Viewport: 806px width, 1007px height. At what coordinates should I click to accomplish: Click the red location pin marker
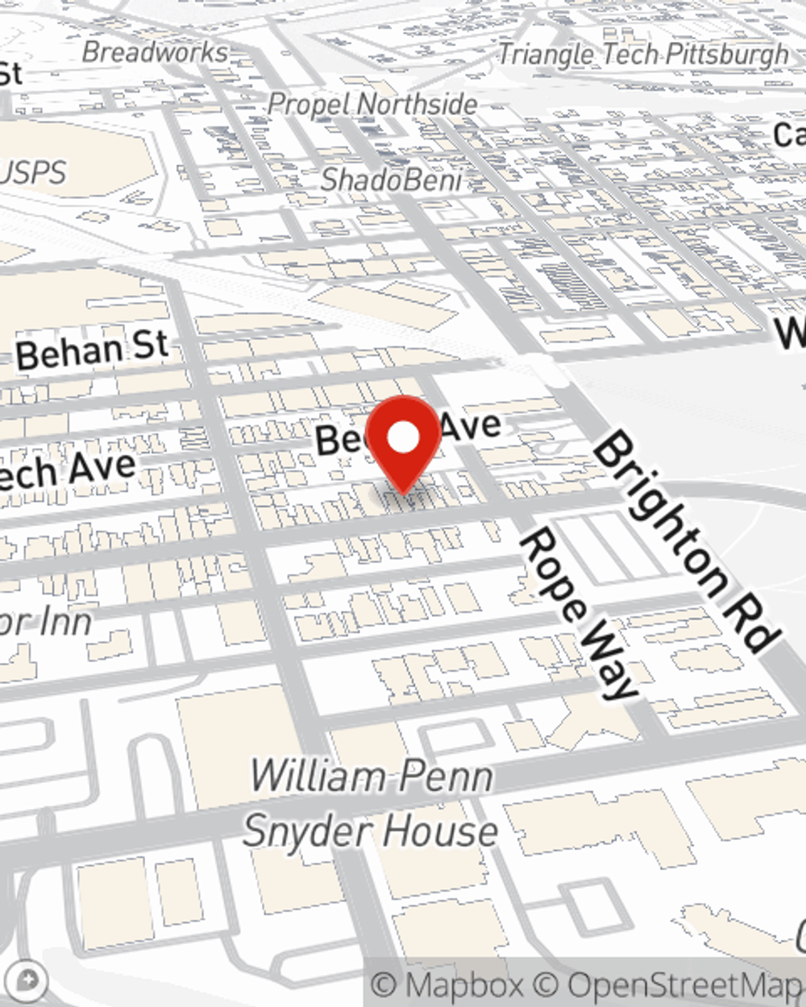[404, 443]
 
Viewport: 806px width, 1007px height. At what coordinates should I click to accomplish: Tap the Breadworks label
[156, 52]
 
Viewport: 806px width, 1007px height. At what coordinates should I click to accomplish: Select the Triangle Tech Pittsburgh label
[642, 54]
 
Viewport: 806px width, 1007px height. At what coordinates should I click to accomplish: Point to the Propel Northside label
[372, 104]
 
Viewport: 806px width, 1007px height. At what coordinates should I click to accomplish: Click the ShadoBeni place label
[391, 180]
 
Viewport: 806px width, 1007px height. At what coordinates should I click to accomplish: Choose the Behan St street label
[93, 351]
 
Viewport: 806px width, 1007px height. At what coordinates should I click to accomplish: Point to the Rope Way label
[578, 612]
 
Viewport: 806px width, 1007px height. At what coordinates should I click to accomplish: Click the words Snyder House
[371, 831]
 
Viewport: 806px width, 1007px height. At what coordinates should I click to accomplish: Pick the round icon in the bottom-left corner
[26, 981]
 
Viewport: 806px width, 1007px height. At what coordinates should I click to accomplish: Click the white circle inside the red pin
[404, 437]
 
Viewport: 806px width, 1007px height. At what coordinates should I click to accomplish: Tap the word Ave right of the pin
[471, 425]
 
